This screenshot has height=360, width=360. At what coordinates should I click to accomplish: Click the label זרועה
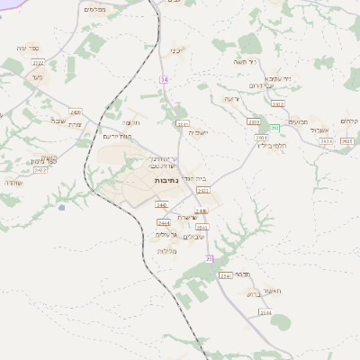pos(231,98)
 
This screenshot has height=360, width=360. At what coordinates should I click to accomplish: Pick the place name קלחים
pos(349,122)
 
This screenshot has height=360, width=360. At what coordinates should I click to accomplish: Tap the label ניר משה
pos(270,62)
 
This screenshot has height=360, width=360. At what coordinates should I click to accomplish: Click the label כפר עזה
pos(27,48)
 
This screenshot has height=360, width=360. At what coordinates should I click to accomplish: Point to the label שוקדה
pos(13,183)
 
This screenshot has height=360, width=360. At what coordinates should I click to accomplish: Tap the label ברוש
pos(252,292)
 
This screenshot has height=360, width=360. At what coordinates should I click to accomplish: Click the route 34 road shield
pos(165,79)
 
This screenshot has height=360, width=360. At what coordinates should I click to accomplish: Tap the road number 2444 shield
pos(163,222)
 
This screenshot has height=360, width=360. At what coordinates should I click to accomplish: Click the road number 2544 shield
pos(265,311)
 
